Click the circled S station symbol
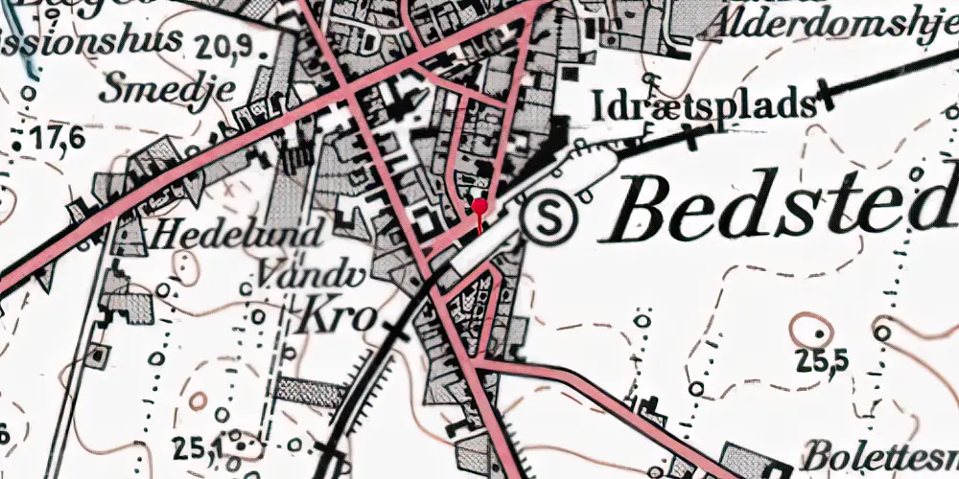pos(550,218)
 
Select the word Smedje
pos(169,89)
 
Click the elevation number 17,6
pos(58,140)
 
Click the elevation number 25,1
pos(199,445)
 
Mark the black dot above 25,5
pos(820,333)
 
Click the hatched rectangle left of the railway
pos(310,391)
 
